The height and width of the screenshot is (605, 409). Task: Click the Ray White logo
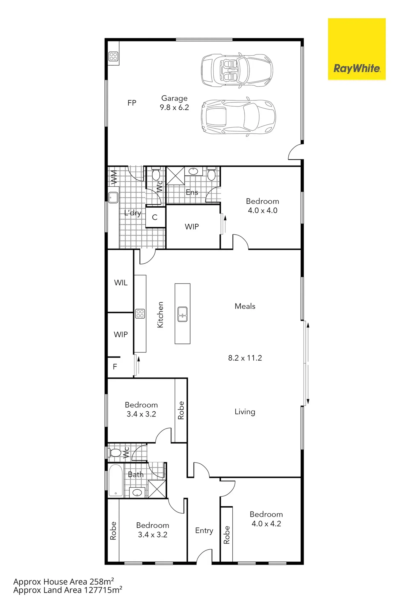click(356, 49)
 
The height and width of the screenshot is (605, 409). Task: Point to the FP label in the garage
click(132, 103)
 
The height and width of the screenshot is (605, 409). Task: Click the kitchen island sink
click(182, 314)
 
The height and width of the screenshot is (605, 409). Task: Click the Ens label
click(192, 192)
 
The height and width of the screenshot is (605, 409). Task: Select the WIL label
click(121, 282)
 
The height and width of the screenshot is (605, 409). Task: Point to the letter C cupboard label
click(155, 217)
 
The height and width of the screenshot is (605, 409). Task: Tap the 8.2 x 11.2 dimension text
click(245, 358)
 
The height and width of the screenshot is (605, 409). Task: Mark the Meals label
click(245, 306)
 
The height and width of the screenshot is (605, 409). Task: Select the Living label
click(245, 412)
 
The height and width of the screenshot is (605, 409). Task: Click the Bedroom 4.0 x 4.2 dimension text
click(266, 523)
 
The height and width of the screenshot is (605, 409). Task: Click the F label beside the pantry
click(115, 366)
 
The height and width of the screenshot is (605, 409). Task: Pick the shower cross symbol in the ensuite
click(175, 176)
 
